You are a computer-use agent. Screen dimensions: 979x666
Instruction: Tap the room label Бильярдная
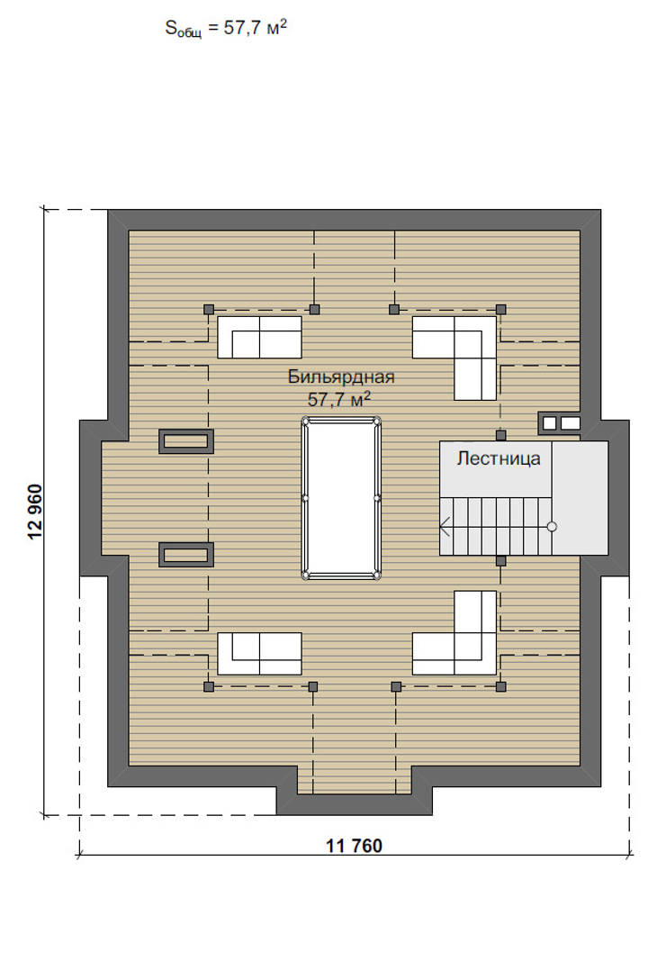(341, 377)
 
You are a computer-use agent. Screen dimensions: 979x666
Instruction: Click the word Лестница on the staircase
(499, 458)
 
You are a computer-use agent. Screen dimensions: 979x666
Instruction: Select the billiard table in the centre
(341, 498)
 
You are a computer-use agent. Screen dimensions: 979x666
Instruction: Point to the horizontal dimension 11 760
(354, 846)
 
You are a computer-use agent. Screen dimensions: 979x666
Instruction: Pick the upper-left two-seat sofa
(259, 337)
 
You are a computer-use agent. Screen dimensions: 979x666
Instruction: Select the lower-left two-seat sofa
(259, 653)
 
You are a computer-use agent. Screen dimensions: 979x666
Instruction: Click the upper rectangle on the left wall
(186, 440)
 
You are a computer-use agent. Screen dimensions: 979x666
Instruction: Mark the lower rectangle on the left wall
(186, 554)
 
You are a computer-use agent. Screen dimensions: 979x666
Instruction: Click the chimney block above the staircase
(559, 422)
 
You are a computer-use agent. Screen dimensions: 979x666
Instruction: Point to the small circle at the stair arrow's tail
(553, 526)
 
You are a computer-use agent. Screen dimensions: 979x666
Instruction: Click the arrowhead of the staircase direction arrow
(445, 526)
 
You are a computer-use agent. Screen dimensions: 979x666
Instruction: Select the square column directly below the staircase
(501, 560)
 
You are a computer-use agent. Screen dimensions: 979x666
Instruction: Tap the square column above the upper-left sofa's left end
(209, 309)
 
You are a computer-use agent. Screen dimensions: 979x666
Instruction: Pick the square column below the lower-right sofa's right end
(500, 686)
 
